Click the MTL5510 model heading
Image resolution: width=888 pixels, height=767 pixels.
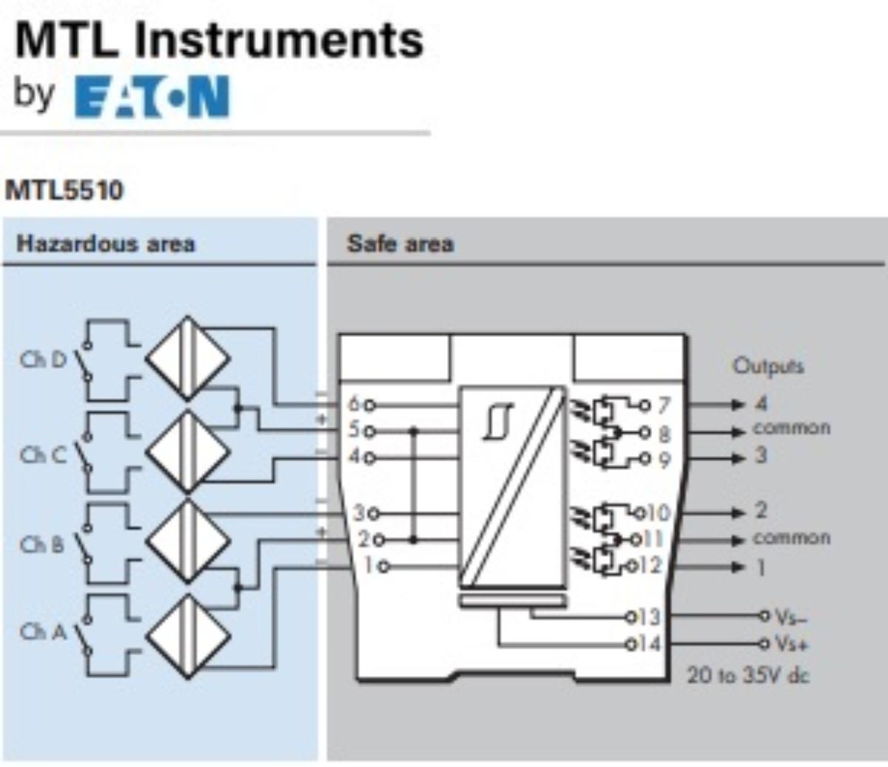pos(64,190)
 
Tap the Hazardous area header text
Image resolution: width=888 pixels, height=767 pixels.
pos(106,244)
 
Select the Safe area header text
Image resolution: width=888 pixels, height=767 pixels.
pos(400,244)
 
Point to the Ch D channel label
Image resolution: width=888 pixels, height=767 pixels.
pos(43,361)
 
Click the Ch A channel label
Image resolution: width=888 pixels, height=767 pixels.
pos(43,632)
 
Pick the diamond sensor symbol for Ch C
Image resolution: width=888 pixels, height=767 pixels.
pos(187,452)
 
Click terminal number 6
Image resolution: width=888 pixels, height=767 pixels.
pos(354,404)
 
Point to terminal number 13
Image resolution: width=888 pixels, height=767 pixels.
pos(648,616)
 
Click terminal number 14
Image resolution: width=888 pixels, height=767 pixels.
pos(648,643)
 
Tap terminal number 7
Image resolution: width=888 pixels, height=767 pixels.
pos(664,405)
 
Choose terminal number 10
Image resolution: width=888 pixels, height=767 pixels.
pos(657,512)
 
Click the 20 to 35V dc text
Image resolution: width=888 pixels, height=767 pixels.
pos(747,675)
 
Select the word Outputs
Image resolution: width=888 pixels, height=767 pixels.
pos(767,366)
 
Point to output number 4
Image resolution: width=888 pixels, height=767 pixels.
pos(761,403)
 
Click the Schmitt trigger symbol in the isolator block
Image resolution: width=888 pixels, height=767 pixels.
pos(497,421)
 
